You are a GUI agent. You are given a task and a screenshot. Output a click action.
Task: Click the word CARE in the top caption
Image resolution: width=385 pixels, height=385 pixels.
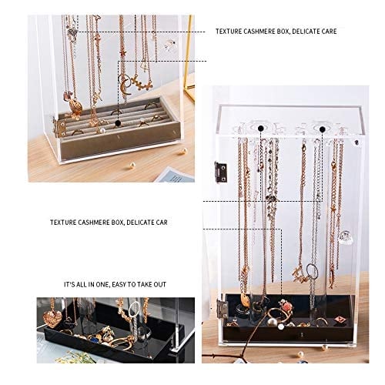pos(326,32)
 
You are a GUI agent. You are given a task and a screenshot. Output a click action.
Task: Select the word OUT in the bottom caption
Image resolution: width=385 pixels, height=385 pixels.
pos(160,284)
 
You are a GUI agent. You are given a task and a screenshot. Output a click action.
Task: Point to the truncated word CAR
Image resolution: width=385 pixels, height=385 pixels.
pos(161,223)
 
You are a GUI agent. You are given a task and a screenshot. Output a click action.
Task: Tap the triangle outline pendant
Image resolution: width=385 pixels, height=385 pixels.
pos(145,66)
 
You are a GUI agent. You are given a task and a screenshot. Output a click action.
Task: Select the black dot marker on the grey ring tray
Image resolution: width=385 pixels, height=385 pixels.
pos(118,123)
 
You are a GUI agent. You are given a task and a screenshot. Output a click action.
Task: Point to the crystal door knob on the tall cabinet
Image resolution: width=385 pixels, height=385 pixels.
pos(345,237)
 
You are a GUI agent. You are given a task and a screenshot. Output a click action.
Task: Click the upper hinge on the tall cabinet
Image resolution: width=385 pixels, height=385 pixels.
pos(221,172)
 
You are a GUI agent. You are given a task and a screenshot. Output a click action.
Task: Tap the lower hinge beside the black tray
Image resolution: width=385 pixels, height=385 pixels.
pos(223,309)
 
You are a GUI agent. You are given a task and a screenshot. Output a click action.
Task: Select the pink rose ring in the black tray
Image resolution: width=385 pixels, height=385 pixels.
pos(286,306)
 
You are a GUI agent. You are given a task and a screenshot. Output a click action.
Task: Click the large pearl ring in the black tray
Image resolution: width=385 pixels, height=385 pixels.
pos(272,323)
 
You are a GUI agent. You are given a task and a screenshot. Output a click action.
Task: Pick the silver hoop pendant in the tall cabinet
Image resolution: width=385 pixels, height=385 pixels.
pos(312,271)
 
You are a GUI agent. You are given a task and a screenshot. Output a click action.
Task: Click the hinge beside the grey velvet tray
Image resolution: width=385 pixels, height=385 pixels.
pos(60,127)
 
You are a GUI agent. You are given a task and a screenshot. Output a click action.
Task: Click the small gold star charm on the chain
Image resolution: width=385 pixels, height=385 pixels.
pos(123,54)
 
